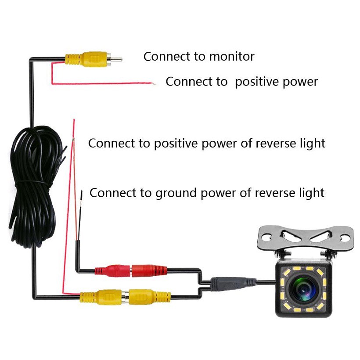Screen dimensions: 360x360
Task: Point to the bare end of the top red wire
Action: [x=153, y=83]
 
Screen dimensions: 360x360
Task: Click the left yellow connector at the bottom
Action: [x=101, y=296]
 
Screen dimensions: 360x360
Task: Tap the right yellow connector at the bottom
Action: [x=148, y=296]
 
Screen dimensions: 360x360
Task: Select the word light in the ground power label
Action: [x=311, y=193]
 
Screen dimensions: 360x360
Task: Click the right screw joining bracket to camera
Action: [x=325, y=255]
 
